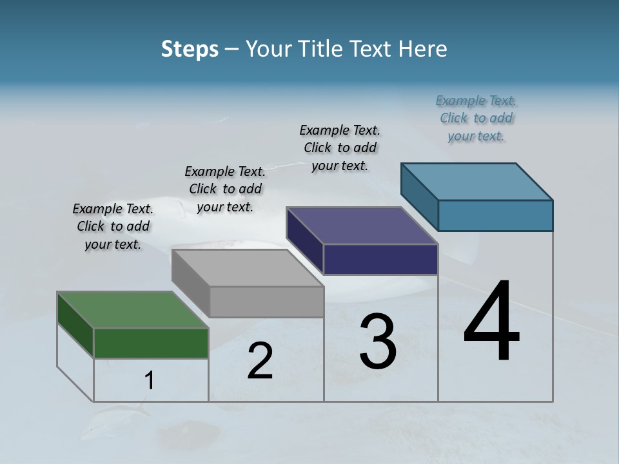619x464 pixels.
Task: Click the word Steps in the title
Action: tap(190, 49)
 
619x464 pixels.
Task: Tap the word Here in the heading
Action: tap(423, 49)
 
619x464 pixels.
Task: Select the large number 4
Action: tap(491, 322)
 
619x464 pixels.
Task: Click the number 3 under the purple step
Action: tap(377, 342)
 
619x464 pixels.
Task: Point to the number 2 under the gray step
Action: tap(260, 361)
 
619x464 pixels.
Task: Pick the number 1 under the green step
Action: tap(149, 380)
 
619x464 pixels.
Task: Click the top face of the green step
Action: tap(133, 310)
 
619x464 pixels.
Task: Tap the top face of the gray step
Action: tap(248, 268)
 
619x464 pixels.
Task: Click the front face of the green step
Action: tap(151, 343)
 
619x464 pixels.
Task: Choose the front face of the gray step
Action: tap(266, 302)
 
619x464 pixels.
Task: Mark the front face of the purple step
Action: tap(380, 259)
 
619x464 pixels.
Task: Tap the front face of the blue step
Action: tap(495, 215)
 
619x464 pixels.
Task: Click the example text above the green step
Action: tap(113, 226)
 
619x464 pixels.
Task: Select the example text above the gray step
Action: tap(225, 189)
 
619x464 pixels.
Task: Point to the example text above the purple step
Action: tap(340, 148)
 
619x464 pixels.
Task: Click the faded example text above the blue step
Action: tap(476, 118)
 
